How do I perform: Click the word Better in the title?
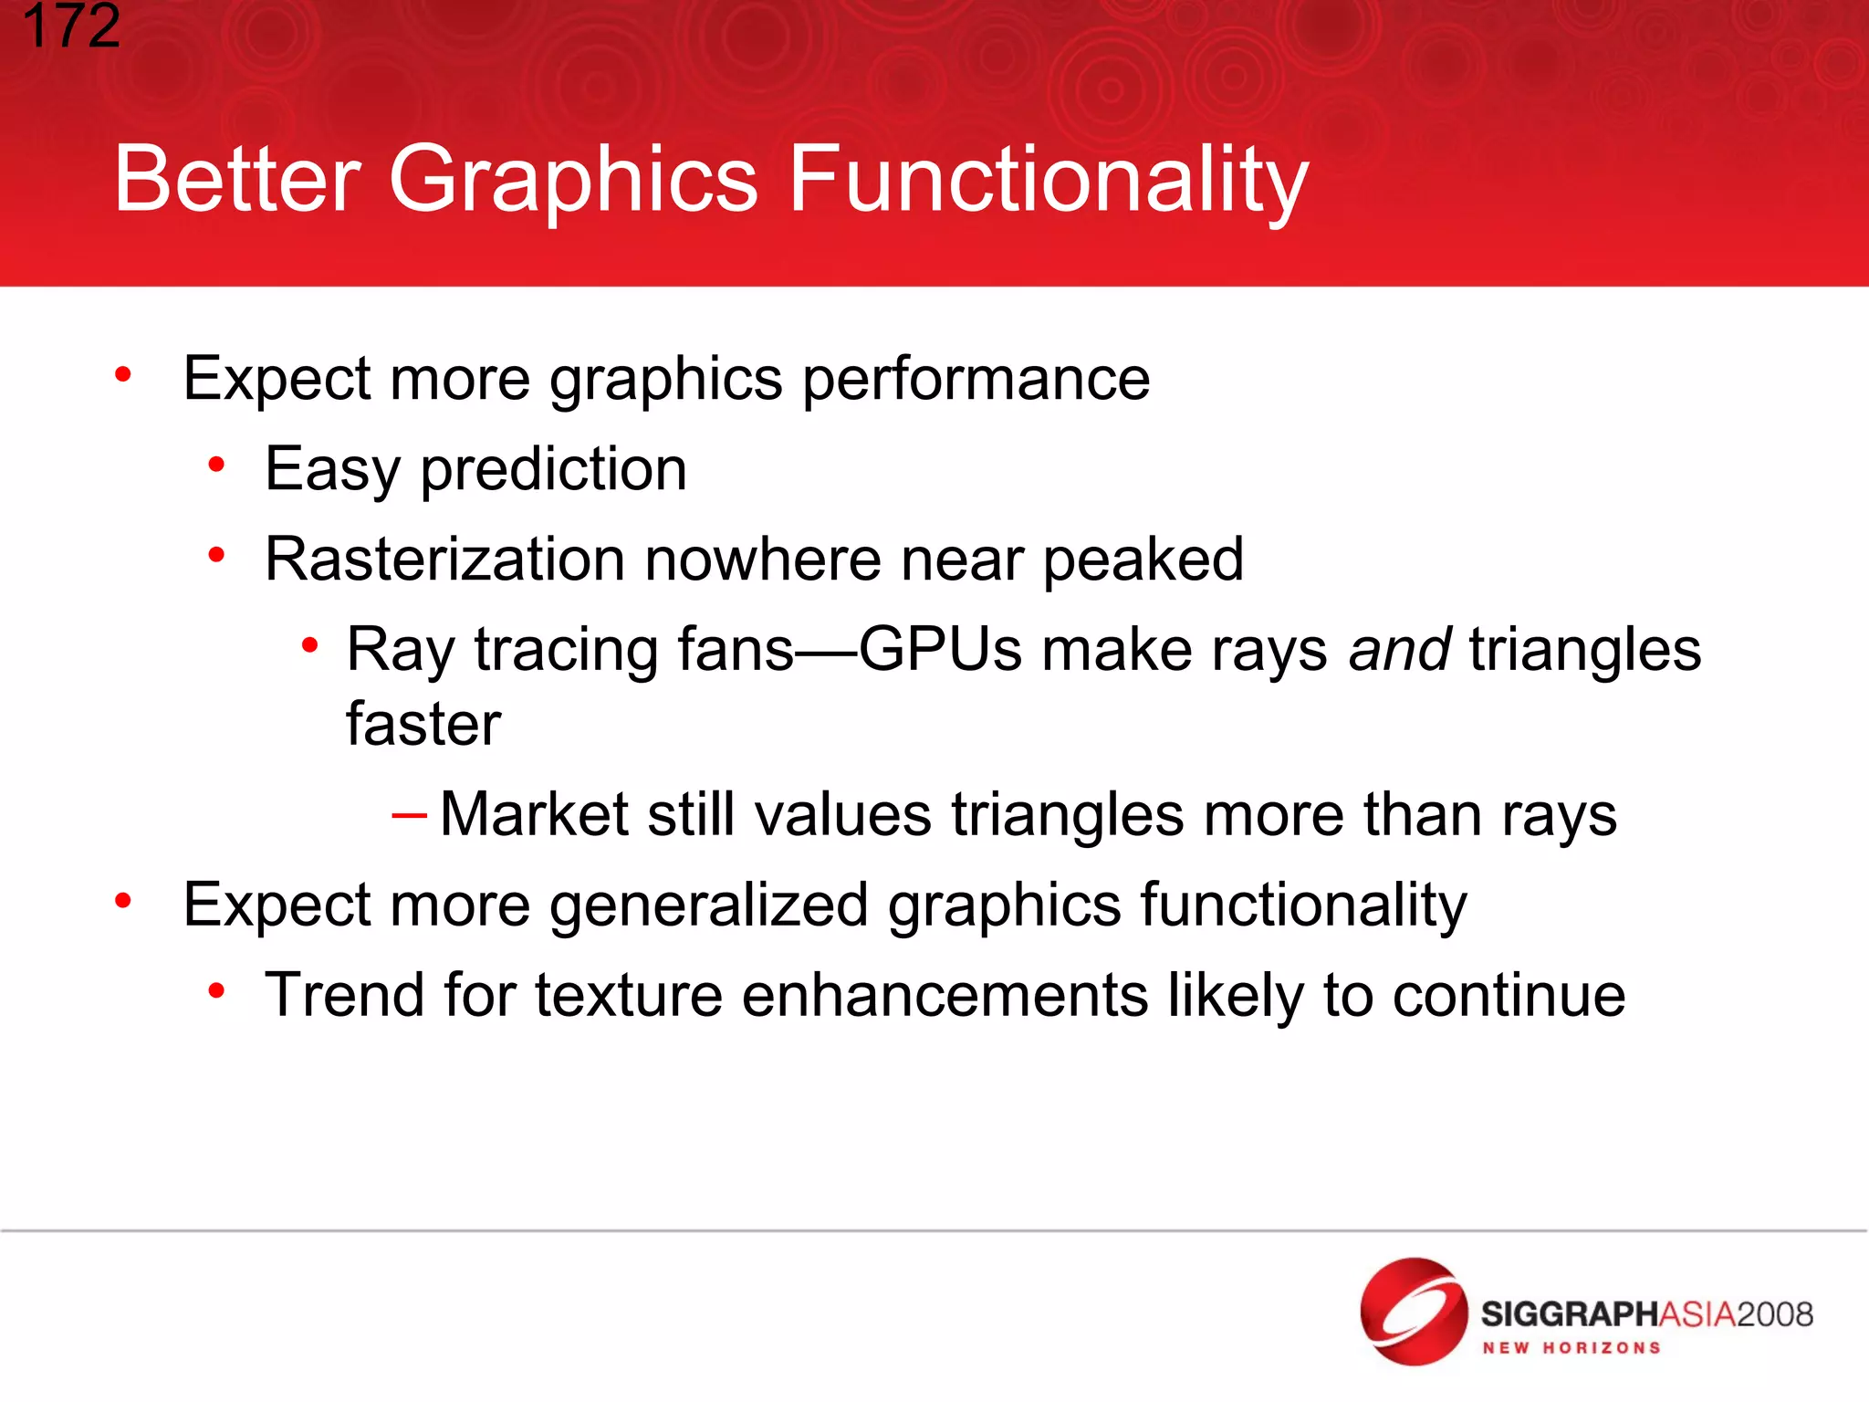[x=237, y=179]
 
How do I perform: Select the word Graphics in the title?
[x=573, y=179]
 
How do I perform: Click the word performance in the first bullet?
[x=976, y=380]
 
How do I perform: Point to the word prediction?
[x=553, y=469]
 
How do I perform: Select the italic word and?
[x=1399, y=650]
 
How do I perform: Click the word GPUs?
[x=940, y=650]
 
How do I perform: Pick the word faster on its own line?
[x=423, y=724]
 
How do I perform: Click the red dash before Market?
[x=408, y=813]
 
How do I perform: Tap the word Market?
[x=534, y=814]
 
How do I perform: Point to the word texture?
[x=629, y=995]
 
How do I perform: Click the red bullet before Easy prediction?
[x=216, y=466]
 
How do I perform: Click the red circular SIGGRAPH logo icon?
[x=1413, y=1311]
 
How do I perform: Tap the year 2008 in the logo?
[x=1774, y=1314]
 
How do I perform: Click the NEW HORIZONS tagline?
[x=1571, y=1348]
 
